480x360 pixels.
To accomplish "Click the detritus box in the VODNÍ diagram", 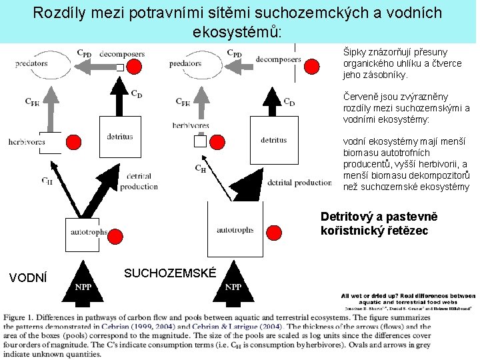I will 119,137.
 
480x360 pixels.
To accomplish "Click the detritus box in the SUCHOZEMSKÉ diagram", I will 274,140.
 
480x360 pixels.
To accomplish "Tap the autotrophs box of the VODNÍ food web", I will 89,233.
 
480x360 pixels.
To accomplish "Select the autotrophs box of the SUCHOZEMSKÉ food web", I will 234,230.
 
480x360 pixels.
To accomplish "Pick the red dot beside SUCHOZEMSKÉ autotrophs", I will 275,232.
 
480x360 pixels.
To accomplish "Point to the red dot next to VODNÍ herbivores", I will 73,141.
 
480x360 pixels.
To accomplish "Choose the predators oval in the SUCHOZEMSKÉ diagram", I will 185,64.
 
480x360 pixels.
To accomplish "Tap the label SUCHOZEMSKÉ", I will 170,273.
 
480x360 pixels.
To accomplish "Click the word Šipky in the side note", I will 355,51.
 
